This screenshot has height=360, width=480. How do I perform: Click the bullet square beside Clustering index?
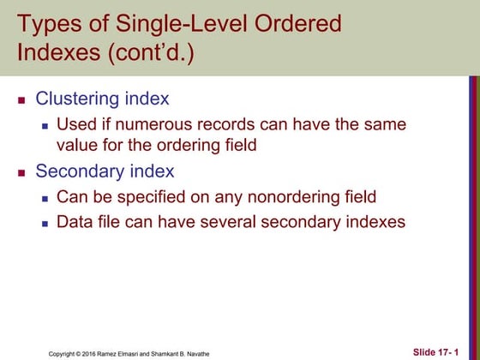click(23, 101)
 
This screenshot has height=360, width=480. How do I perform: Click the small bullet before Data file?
click(46, 223)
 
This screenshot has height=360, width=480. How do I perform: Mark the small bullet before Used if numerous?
click(46, 126)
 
